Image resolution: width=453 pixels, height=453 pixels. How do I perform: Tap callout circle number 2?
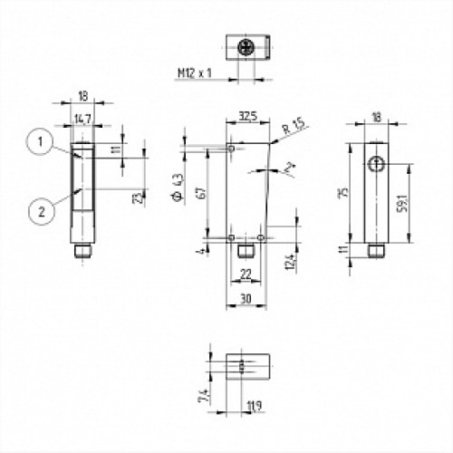[36, 212]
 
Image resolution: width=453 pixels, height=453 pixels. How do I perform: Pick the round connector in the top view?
[244, 45]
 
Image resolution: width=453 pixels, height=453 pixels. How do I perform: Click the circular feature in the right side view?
[376, 162]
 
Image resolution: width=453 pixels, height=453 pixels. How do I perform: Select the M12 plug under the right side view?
[375, 249]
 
